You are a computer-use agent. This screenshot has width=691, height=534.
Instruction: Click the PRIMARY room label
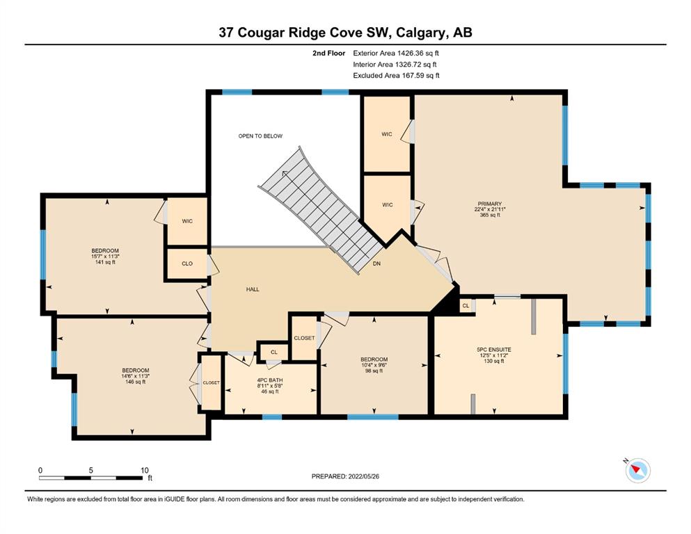pos(490,204)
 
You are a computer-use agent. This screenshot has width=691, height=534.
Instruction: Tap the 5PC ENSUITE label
pos(493,350)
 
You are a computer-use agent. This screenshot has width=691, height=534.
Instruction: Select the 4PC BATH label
pos(270,380)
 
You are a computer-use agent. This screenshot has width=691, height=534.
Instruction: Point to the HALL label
pos(253,289)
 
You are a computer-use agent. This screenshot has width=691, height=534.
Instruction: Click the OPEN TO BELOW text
pos(260,136)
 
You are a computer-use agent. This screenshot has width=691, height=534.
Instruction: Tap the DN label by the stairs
pos(376,264)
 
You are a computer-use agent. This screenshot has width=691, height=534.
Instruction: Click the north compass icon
pos(637,470)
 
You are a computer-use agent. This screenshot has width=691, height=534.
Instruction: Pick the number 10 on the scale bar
pos(145,470)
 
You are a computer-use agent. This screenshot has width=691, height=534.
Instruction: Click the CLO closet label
pos(187,264)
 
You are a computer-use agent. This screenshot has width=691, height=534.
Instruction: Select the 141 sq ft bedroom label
pos(105,262)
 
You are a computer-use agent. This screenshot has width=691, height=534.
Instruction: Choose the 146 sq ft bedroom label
pos(135,382)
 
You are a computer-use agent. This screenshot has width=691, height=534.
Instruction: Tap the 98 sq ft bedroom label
pos(374,371)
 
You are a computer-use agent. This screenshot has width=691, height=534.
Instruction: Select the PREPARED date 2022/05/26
pos(363,476)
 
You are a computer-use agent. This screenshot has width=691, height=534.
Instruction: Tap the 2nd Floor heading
pos(328,54)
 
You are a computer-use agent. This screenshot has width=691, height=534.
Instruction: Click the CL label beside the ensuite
pos(466,305)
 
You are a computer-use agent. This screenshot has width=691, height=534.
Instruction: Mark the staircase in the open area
pos(321,211)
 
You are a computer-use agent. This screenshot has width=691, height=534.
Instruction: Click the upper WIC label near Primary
pos(387,133)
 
